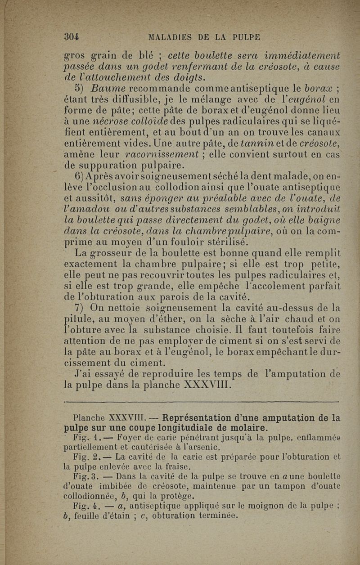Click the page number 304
[x=72, y=37]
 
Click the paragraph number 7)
[x=81, y=309]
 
